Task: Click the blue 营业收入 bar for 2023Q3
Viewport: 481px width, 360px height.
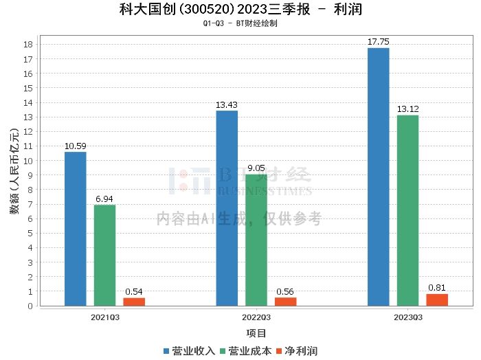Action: click(x=378, y=177)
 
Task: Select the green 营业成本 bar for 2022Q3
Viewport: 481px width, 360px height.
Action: click(x=256, y=240)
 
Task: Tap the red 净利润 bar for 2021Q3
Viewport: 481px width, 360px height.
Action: click(x=134, y=302)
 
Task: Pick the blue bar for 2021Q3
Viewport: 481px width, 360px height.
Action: click(x=76, y=229)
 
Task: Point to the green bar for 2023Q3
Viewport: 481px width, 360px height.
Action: click(x=407, y=211)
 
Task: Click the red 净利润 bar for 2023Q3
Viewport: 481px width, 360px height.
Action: click(x=437, y=300)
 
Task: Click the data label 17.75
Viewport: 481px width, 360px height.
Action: click(x=378, y=42)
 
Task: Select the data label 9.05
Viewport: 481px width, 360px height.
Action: click(x=256, y=168)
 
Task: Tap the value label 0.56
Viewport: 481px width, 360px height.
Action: click(x=285, y=291)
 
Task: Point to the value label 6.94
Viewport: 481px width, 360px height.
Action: click(x=104, y=199)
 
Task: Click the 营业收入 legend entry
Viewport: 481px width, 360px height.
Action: click(x=189, y=351)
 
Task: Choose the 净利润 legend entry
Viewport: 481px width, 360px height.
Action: click(x=297, y=351)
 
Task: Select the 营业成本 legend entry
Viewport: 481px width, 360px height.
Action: click(x=246, y=351)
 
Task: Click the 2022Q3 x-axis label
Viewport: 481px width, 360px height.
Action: click(x=256, y=317)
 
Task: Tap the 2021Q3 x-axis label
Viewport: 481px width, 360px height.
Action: click(x=105, y=317)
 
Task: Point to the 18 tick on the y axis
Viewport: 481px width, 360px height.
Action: click(x=28, y=45)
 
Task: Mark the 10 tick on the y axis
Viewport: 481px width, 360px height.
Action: click(x=28, y=161)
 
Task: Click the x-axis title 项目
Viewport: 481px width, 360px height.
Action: click(x=256, y=333)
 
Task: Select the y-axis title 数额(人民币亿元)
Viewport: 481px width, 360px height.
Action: click(x=14, y=171)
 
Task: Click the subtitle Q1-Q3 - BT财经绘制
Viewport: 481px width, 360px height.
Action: click(x=240, y=23)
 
